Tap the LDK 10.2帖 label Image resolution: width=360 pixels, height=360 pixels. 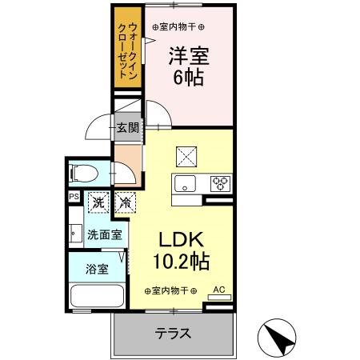click(182, 249)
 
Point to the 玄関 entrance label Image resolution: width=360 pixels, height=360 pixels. click(126, 126)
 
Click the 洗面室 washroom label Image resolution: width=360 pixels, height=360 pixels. click(105, 235)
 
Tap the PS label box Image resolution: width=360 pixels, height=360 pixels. click(74, 196)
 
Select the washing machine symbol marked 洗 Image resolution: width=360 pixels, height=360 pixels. click(98, 203)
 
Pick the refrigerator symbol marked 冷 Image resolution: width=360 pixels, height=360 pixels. click(124, 203)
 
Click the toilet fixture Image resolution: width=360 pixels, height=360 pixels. click(83, 172)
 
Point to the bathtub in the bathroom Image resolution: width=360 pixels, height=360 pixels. click(96, 294)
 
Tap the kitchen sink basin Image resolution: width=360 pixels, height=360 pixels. click(186, 182)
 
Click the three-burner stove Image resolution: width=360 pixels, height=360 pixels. click(219, 183)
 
